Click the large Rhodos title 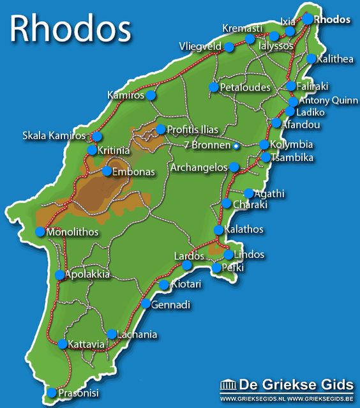click(x=71, y=29)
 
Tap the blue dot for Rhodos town click(x=308, y=19)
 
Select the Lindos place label click(x=249, y=255)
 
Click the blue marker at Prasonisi click(x=52, y=393)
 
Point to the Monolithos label click(x=73, y=232)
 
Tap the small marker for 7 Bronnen click(x=236, y=146)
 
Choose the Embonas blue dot click(x=107, y=171)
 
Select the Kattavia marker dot click(x=62, y=344)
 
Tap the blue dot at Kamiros click(x=151, y=95)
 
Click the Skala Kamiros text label click(x=54, y=136)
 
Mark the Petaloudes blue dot click(x=214, y=87)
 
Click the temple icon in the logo click(x=227, y=384)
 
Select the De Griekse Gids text click(x=296, y=384)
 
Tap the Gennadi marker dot click(x=146, y=305)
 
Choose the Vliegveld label click(x=200, y=47)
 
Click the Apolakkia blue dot click(x=59, y=275)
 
